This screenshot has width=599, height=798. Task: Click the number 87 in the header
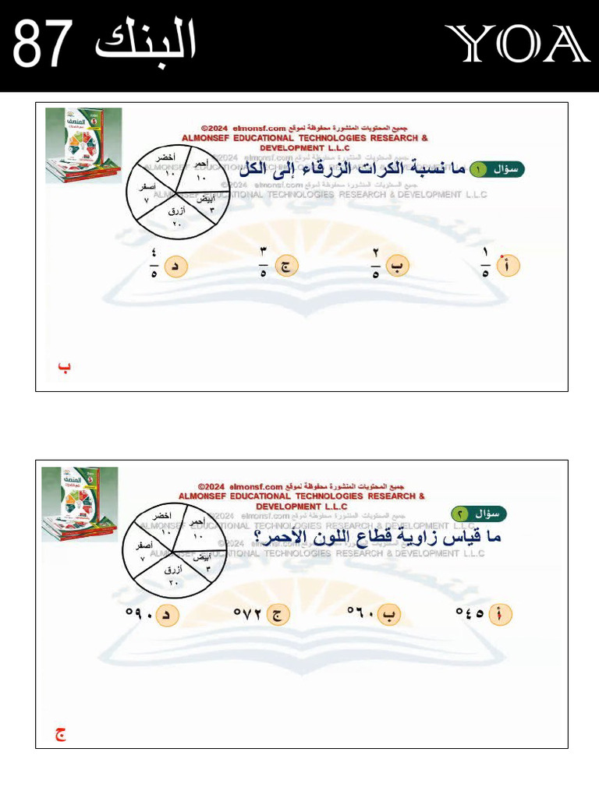tap(44, 44)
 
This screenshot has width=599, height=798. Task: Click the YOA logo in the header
tap(516, 44)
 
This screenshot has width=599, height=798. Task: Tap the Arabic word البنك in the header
tap(145, 43)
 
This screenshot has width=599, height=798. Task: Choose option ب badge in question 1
tap(398, 266)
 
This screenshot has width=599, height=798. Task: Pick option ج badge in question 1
tap(287, 267)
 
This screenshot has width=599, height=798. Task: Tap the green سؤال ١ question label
tap(499, 169)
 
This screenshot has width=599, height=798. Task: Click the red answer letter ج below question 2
tap(60, 734)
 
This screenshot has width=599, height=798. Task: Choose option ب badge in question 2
tap(389, 615)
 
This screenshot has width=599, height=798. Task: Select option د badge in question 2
tap(166, 615)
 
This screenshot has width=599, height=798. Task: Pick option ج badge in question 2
tap(278, 615)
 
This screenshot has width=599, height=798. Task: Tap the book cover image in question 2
tap(80, 503)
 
